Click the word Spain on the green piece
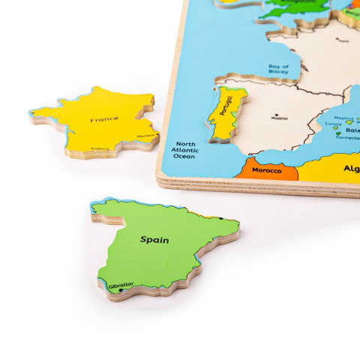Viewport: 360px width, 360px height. [154, 240]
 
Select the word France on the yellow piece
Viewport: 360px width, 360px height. [103, 119]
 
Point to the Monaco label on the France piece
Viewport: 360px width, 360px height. [145, 136]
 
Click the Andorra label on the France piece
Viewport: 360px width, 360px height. [99, 148]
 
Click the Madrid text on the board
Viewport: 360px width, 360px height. [279, 118]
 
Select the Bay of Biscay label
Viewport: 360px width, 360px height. [279, 70]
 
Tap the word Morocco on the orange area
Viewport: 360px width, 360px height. [266, 170]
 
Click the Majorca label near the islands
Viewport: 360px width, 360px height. [344, 118]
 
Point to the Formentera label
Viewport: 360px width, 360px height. [347, 137]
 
